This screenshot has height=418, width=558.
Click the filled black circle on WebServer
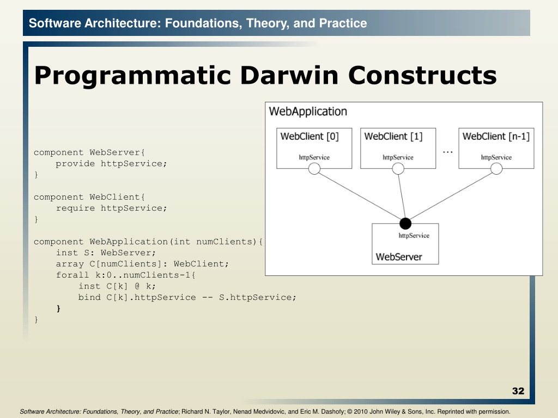[x=405, y=224]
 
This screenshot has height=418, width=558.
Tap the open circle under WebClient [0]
[x=314, y=169]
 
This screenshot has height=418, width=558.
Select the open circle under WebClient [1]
[x=398, y=169]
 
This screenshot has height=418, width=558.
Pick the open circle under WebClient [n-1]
[x=496, y=169]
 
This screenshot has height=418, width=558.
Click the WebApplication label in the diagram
[x=308, y=112]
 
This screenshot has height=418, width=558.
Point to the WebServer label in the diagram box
[x=398, y=257]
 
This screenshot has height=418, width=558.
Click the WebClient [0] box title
[x=310, y=137]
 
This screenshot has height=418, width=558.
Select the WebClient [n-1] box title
[x=496, y=137]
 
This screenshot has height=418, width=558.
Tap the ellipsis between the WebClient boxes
[x=448, y=152]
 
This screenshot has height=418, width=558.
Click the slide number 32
[x=518, y=391]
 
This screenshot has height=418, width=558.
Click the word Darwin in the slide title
[x=289, y=75]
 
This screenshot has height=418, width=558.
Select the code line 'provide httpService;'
[x=111, y=163]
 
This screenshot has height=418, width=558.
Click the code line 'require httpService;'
[x=111, y=208]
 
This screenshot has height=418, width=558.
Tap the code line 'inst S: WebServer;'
[x=106, y=253]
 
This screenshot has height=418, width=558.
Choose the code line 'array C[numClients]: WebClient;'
[x=142, y=264]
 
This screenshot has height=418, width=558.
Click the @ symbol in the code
[x=137, y=286]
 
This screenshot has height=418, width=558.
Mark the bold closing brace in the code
[x=58, y=309]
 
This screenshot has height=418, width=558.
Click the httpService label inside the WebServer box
[x=414, y=235]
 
